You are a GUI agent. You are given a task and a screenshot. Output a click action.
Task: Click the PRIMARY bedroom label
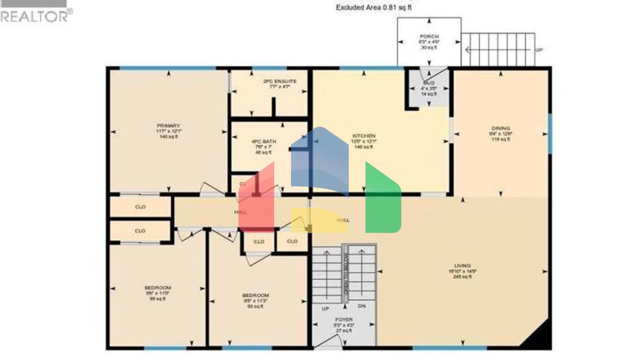point(168,126)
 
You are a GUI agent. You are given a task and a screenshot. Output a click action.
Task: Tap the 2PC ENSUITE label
point(280,81)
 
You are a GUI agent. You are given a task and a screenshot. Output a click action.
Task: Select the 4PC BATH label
point(263,142)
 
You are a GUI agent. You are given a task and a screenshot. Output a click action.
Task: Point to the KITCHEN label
point(364,136)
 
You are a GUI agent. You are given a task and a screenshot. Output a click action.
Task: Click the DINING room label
point(500,128)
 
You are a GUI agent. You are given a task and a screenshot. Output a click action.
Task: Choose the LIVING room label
point(462,265)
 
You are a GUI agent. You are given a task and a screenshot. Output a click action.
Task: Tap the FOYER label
point(344,320)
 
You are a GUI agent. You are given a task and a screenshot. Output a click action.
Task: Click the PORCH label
point(429,37)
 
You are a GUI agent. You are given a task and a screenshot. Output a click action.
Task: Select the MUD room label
point(429,83)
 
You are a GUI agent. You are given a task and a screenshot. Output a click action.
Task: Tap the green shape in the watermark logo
point(382,200)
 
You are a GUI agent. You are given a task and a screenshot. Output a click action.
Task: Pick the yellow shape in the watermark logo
point(317,220)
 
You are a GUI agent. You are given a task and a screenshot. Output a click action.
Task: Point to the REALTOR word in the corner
point(34,17)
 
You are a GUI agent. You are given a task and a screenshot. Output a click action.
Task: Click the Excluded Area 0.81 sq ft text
point(374,7)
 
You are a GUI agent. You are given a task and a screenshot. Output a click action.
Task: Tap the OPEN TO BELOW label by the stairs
point(345,272)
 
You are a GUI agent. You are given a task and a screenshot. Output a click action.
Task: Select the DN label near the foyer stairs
point(362,306)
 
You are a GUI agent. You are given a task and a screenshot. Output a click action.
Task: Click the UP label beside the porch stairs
point(539,50)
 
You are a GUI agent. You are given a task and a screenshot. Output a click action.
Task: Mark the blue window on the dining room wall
point(550,133)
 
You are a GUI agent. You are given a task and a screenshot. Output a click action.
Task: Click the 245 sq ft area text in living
point(462,277)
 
